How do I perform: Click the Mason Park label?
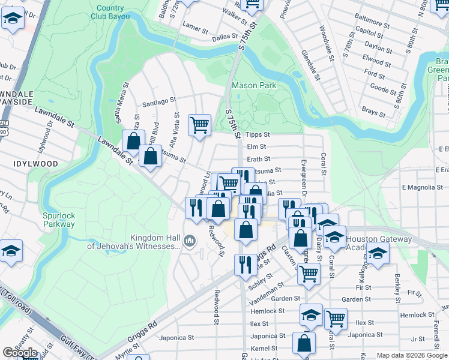[x=254, y=85]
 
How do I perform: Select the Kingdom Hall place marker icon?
[x=190, y=241]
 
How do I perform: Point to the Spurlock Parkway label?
[x=59, y=220]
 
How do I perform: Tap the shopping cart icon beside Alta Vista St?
[x=199, y=125]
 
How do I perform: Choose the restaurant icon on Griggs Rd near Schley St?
[x=244, y=265]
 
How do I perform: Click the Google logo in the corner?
[x=20, y=353]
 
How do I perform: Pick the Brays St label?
[x=373, y=112]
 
